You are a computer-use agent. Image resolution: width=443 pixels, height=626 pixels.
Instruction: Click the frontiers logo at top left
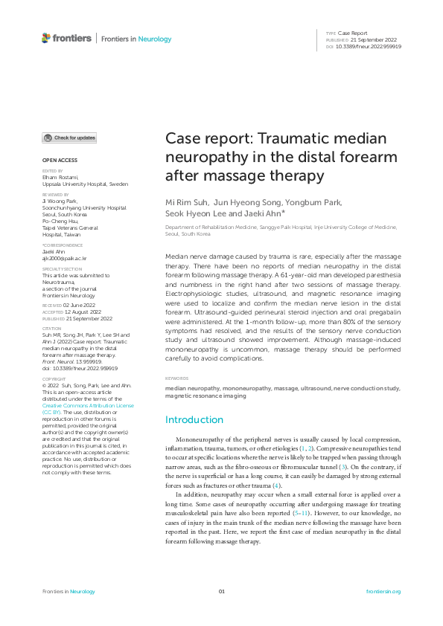pos(66,38)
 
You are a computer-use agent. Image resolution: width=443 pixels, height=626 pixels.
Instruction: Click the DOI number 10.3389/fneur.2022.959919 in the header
pos(369,46)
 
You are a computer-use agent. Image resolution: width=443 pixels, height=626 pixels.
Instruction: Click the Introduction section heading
pos(194,420)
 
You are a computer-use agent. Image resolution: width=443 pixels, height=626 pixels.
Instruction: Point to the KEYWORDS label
pos(177,378)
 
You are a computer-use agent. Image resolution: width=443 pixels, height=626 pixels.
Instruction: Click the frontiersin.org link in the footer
pos(385,591)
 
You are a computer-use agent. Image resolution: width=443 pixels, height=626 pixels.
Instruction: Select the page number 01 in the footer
pos(221,591)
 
